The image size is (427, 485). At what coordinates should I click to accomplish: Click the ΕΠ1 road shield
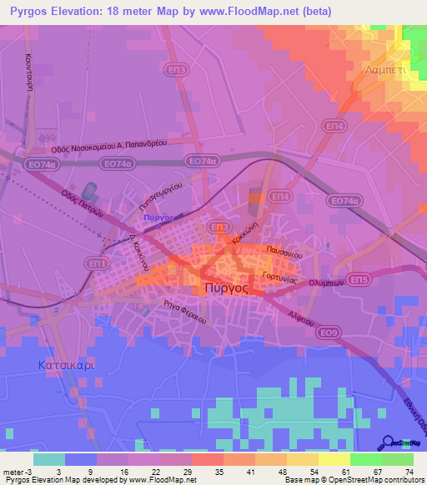click(96, 263)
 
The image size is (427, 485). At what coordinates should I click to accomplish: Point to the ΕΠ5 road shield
click(359, 280)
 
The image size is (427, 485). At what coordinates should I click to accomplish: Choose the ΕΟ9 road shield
click(330, 332)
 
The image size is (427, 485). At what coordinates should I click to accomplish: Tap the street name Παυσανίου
click(284, 250)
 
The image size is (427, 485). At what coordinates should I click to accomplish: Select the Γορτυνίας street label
click(279, 276)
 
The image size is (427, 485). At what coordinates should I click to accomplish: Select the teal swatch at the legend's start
click(48, 459)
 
